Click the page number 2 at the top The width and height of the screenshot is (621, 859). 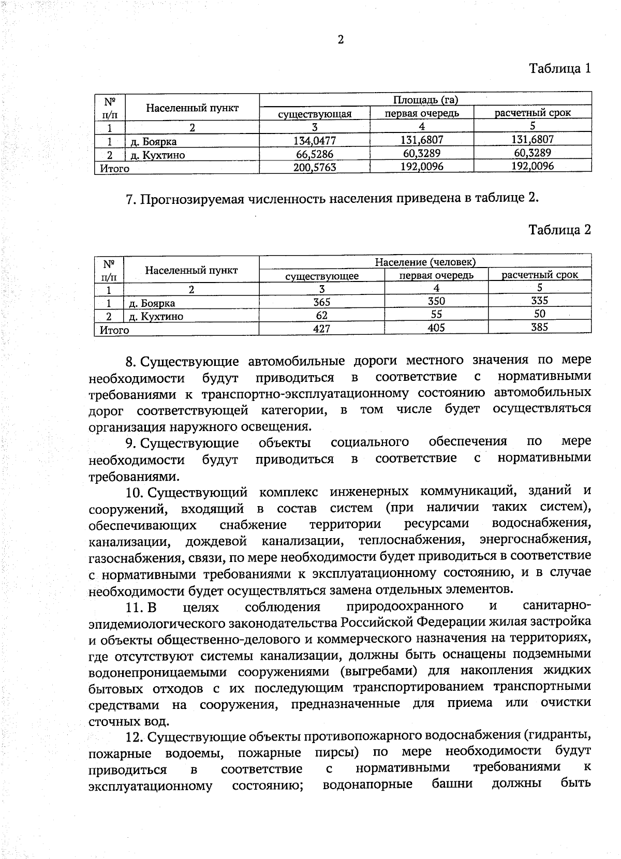tap(341, 40)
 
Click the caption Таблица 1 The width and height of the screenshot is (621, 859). tap(559, 68)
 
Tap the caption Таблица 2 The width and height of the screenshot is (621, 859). tap(559, 230)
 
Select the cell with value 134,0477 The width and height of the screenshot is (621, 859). tap(315, 140)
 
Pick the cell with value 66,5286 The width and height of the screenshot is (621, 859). tap(315, 154)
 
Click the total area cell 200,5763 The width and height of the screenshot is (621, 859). tap(315, 167)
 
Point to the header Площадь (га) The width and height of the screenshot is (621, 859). tap(425, 100)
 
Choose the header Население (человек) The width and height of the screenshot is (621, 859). tap(425, 262)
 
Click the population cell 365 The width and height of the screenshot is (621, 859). tap(321, 302)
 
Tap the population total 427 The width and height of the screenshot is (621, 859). tap(321, 329)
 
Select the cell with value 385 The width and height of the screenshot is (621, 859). tap(539, 327)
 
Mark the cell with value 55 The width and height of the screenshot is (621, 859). tap(436, 314)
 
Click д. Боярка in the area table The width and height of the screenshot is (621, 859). tap(154, 142)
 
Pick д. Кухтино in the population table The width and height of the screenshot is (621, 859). tap(156, 317)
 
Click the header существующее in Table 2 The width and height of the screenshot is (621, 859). tap(322, 276)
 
